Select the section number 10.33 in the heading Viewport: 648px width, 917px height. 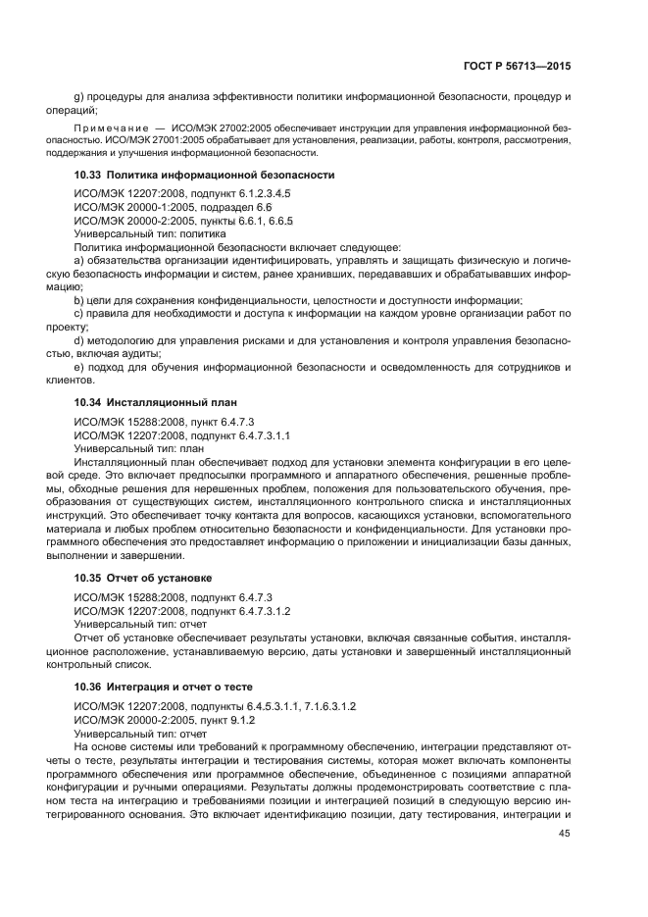89,175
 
